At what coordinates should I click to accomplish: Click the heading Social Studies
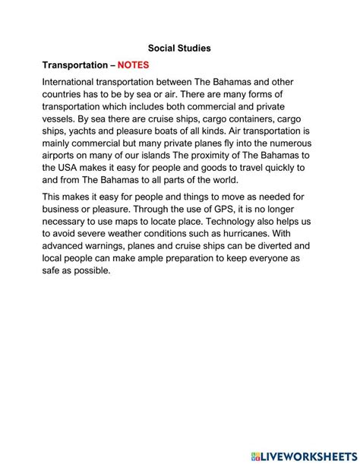pos(179,48)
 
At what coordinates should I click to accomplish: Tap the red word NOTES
pos(138,65)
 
